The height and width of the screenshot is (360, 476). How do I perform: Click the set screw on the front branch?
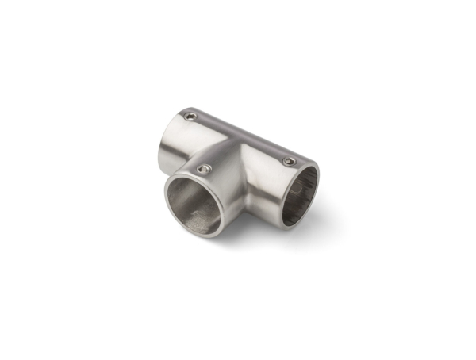[205, 169]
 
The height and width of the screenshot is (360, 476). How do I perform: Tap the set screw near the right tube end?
[289, 162]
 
